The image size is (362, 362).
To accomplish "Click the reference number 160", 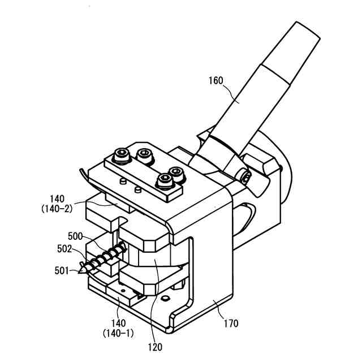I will click(x=215, y=80).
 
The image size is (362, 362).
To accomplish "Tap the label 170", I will click(x=231, y=324).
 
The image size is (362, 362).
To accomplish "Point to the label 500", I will click(x=75, y=235).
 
